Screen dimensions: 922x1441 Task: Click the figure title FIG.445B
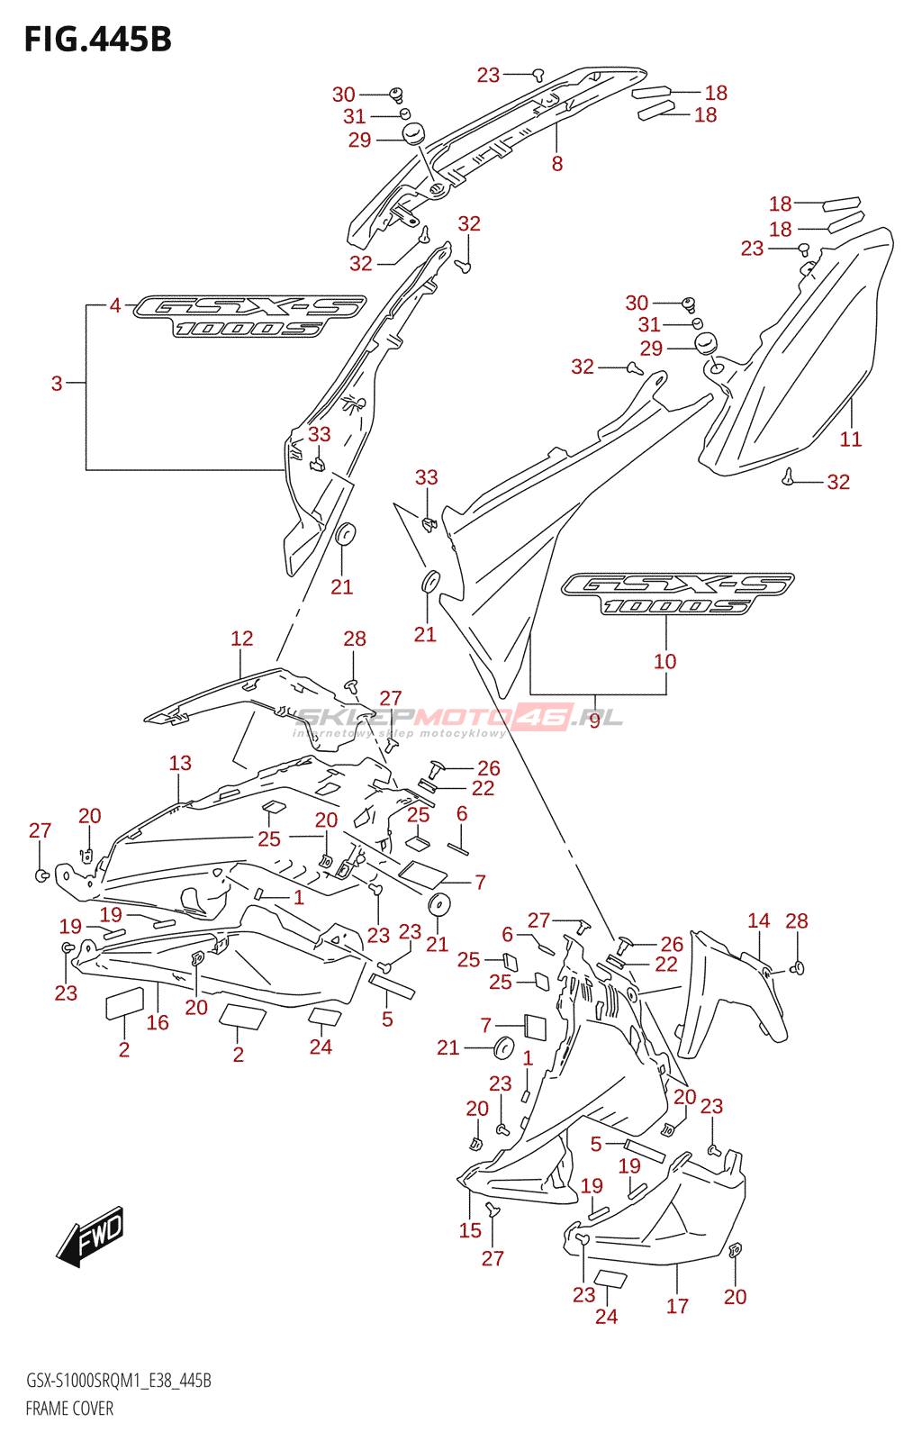click(x=98, y=40)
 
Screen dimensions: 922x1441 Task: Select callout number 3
click(x=58, y=384)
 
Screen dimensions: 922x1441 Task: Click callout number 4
click(x=115, y=305)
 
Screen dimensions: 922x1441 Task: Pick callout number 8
click(x=556, y=163)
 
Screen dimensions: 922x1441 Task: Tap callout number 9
click(x=595, y=720)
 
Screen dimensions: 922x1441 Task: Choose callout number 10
click(x=664, y=661)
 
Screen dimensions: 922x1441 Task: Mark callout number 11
click(x=850, y=440)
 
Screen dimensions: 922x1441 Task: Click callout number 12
click(x=241, y=639)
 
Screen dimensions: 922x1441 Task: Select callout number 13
click(x=180, y=763)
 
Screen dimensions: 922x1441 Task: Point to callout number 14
click(x=759, y=920)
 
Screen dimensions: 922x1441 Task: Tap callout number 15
click(x=470, y=1230)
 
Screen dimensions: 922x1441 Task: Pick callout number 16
click(x=158, y=1022)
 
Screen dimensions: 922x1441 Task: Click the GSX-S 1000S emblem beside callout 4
click(x=249, y=316)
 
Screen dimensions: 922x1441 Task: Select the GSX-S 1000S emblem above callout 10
click(x=678, y=594)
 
